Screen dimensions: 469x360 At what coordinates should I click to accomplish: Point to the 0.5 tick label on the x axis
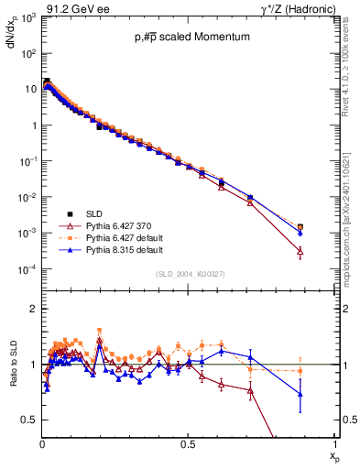188,443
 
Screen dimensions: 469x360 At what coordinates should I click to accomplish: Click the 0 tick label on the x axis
42,443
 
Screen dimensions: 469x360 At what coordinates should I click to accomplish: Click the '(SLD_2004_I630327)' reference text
188,274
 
